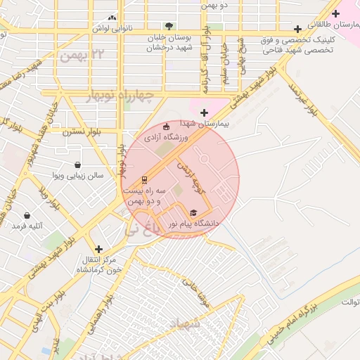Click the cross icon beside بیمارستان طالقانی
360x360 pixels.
pos(335,13)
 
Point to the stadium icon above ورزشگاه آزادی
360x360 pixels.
pos(166,127)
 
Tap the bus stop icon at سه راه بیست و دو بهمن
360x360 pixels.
pos(145,179)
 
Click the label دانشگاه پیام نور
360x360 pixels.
pos(193,224)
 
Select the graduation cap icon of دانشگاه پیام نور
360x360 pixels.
pos(193,212)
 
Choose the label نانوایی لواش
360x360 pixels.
pos(112,29)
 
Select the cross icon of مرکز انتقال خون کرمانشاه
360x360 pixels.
pos(98,249)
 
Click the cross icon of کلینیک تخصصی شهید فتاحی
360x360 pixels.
pos(298,30)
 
